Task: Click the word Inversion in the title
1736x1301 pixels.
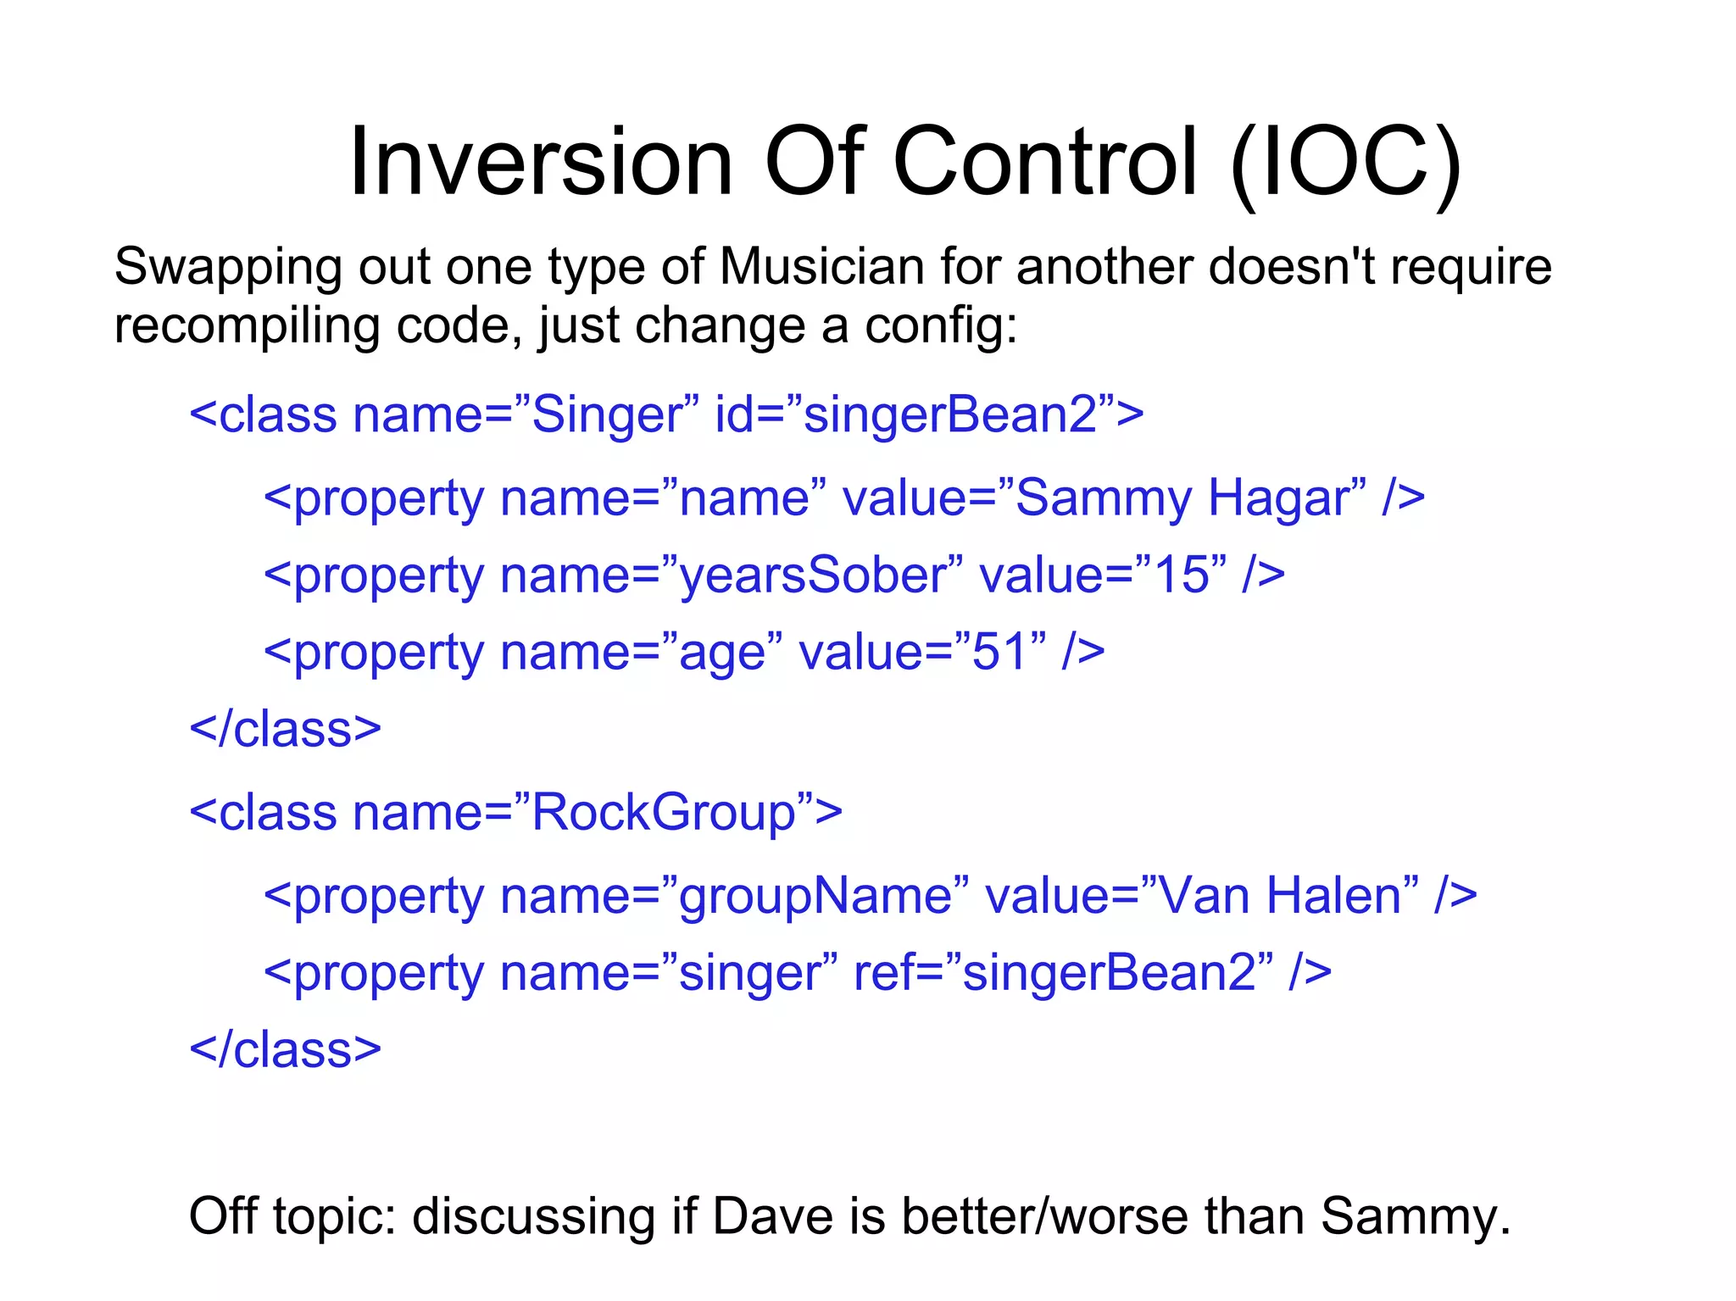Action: point(540,161)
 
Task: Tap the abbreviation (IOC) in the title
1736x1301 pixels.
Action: point(1345,163)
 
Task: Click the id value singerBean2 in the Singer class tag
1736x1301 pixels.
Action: point(950,414)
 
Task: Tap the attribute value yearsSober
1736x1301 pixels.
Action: point(812,575)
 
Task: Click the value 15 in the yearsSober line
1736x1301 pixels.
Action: point(1181,575)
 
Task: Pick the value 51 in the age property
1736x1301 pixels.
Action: point(1000,652)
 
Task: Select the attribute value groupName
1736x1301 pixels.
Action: point(815,897)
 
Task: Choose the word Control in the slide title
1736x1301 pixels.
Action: point(1043,161)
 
